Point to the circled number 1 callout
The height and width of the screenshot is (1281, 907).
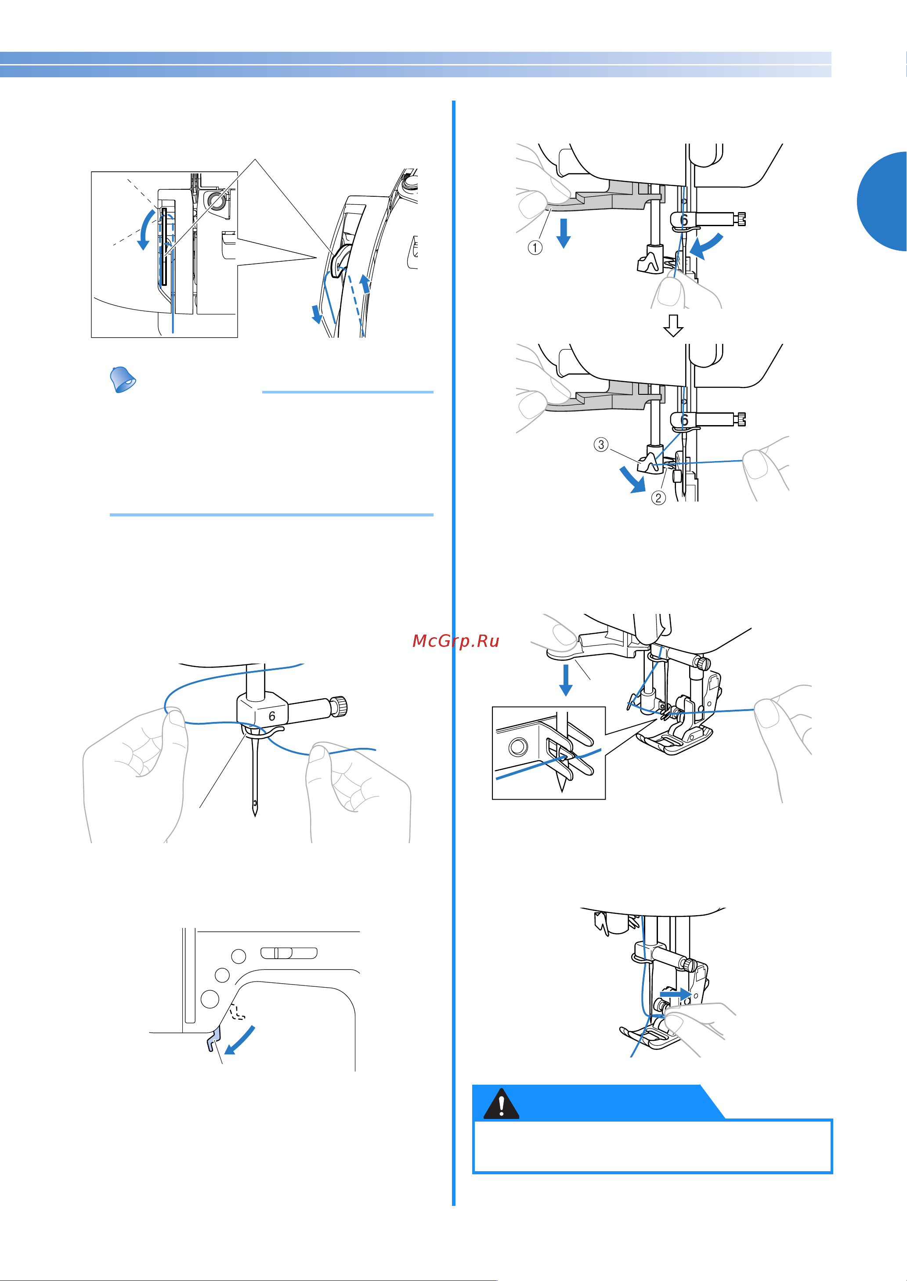(535, 247)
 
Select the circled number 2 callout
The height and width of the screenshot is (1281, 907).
(658, 498)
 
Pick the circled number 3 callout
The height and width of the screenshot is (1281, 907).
(601, 444)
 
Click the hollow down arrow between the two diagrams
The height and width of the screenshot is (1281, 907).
(673, 325)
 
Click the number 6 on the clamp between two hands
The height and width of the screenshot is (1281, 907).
(272, 716)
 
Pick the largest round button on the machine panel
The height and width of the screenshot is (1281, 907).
(210, 999)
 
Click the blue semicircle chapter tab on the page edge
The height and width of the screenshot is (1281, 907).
(885, 201)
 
